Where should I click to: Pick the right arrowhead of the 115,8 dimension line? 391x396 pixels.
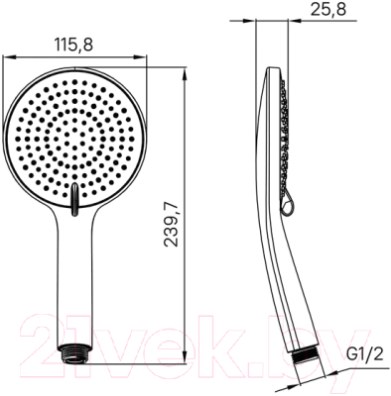pos(138,58)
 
